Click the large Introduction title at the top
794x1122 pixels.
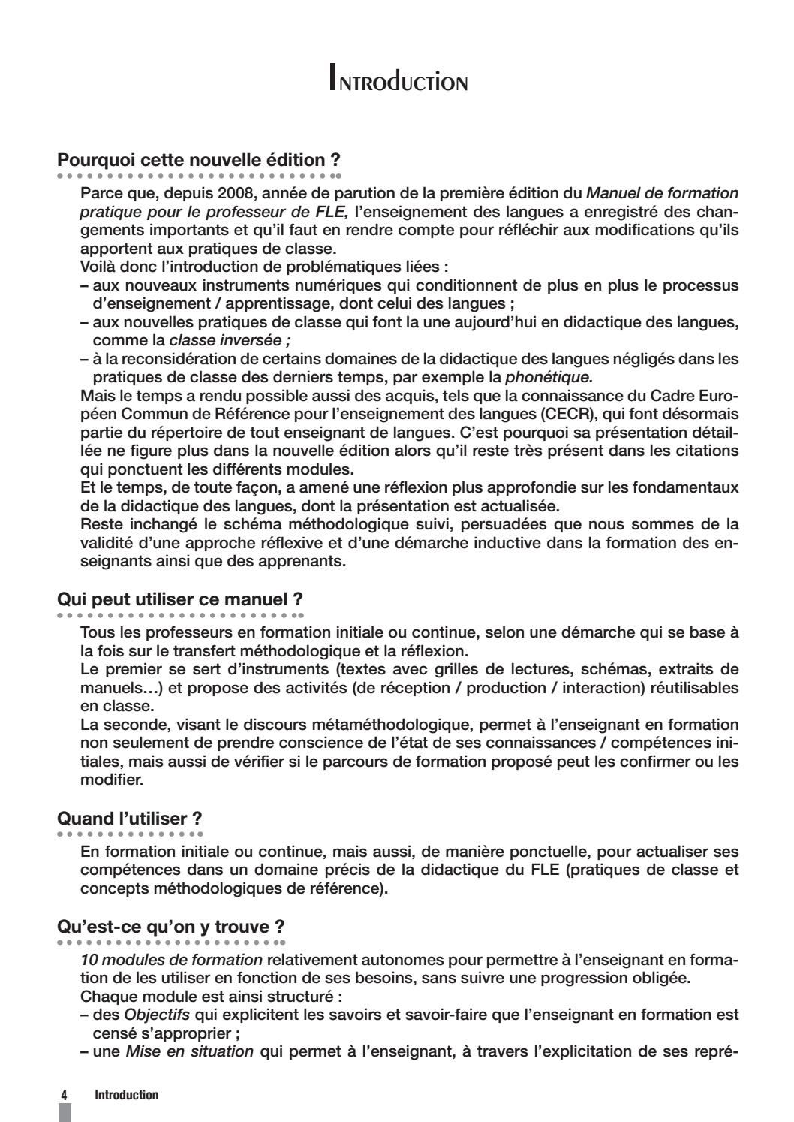point(398,78)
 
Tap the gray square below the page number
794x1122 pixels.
point(65,1112)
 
